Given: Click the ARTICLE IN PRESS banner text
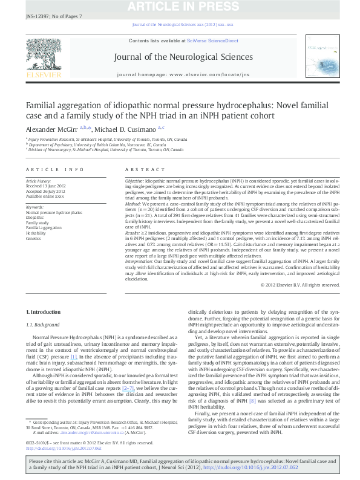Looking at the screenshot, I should click(180, 7).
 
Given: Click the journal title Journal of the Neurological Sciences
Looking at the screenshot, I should click(180, 57).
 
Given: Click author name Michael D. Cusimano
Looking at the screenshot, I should click(129, 130).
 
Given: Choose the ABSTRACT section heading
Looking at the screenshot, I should click(145, 170).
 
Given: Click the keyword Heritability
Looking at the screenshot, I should click(36, 233).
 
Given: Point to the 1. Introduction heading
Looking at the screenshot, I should click(45, 311).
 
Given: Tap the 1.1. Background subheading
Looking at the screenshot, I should click(47, 324).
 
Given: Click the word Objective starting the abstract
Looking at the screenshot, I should click(134, 181).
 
